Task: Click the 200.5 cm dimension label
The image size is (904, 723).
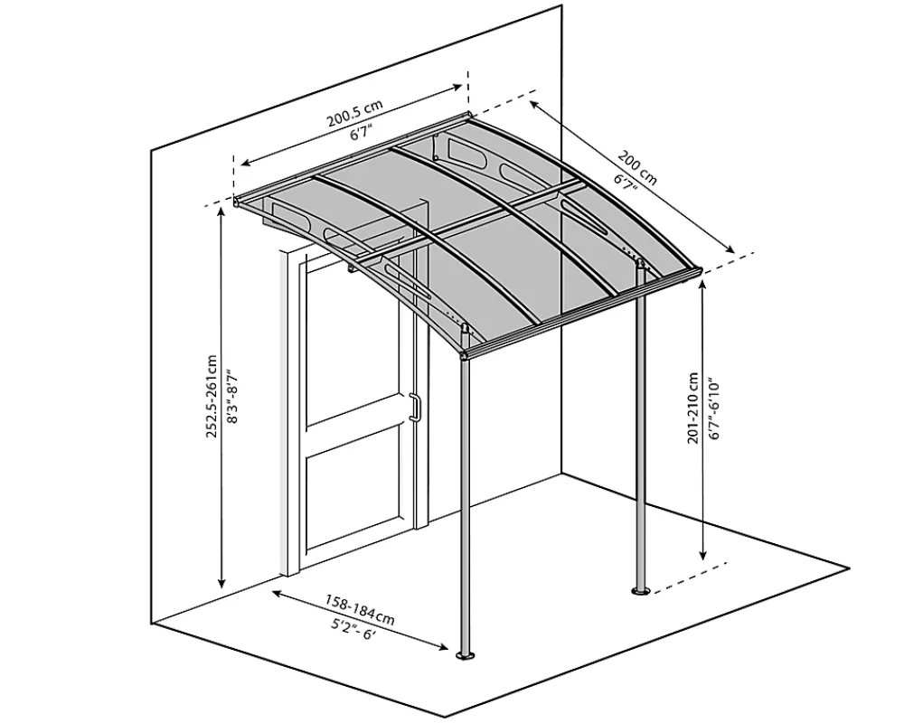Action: pyautogui.click(x=355, y=113)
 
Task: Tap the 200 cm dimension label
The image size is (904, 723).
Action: pyautogui.click(x=637, y=167)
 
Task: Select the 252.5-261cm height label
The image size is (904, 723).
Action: pyautogui.click(x=212, y=396)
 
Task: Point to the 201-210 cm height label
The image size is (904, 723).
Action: pyautogui.click(x=693, y=408)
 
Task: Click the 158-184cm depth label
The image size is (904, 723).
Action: pyautogui.click(x=360, y=611)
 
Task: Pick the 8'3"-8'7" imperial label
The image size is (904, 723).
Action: pyautogui.click(x=231, y=396)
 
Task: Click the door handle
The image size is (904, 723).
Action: pyautogui.click(x=414, y=408)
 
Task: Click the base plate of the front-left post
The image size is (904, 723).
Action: pyautogui.click(x=465, y=655)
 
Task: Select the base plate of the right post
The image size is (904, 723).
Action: pyautogui.click(x=640, y=591)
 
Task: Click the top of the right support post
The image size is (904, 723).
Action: pyautogui.click(x=640, y=265)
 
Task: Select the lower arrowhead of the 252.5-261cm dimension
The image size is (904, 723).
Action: pyautogui.click(x=221, y=584)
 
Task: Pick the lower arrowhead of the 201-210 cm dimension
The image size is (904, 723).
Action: pyautogui.click(x=702, y=555)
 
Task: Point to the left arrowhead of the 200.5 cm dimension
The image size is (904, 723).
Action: pyautogui.click(x=246, y=164)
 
